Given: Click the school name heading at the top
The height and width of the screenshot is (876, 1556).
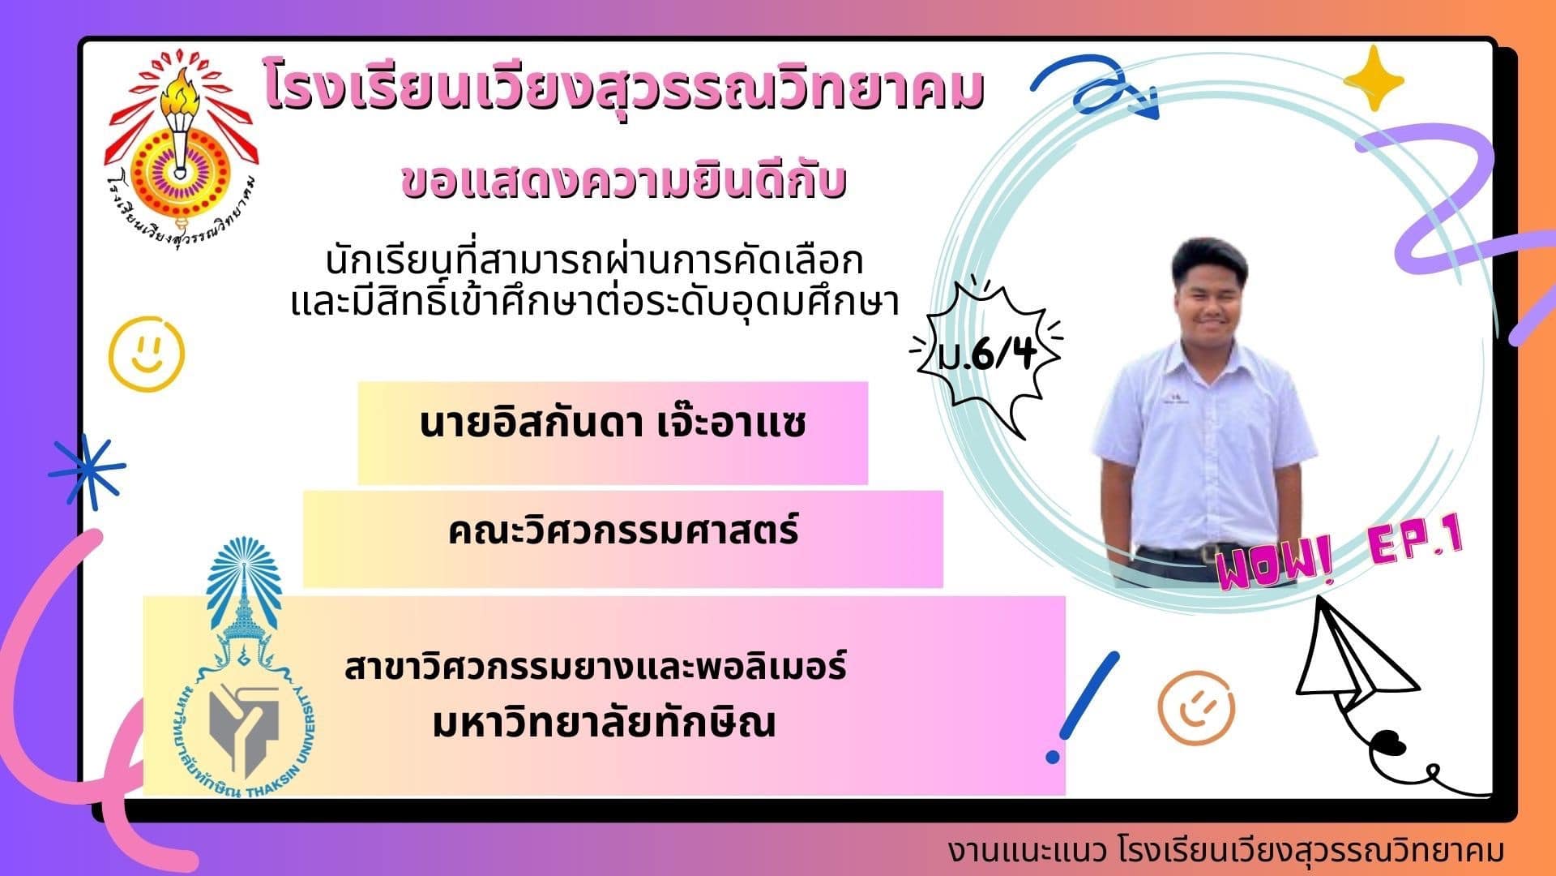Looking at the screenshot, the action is pos(623,91).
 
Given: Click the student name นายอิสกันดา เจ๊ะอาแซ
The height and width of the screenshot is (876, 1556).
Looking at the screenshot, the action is pos(613,424).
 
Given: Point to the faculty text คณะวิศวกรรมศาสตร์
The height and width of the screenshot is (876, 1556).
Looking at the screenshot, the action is pos(623,531).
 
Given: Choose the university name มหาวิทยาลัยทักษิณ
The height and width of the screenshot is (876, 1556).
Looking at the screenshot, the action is pos(604,722).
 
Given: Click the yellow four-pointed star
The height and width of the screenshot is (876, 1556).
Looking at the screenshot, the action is pos(1373,79).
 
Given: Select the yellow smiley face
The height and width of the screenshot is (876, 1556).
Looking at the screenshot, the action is pos(147,354).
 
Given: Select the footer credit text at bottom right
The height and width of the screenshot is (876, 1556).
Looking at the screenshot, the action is pos(1226,851).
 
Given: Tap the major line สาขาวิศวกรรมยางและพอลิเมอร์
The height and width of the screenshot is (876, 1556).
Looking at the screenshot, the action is pos(596,667).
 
